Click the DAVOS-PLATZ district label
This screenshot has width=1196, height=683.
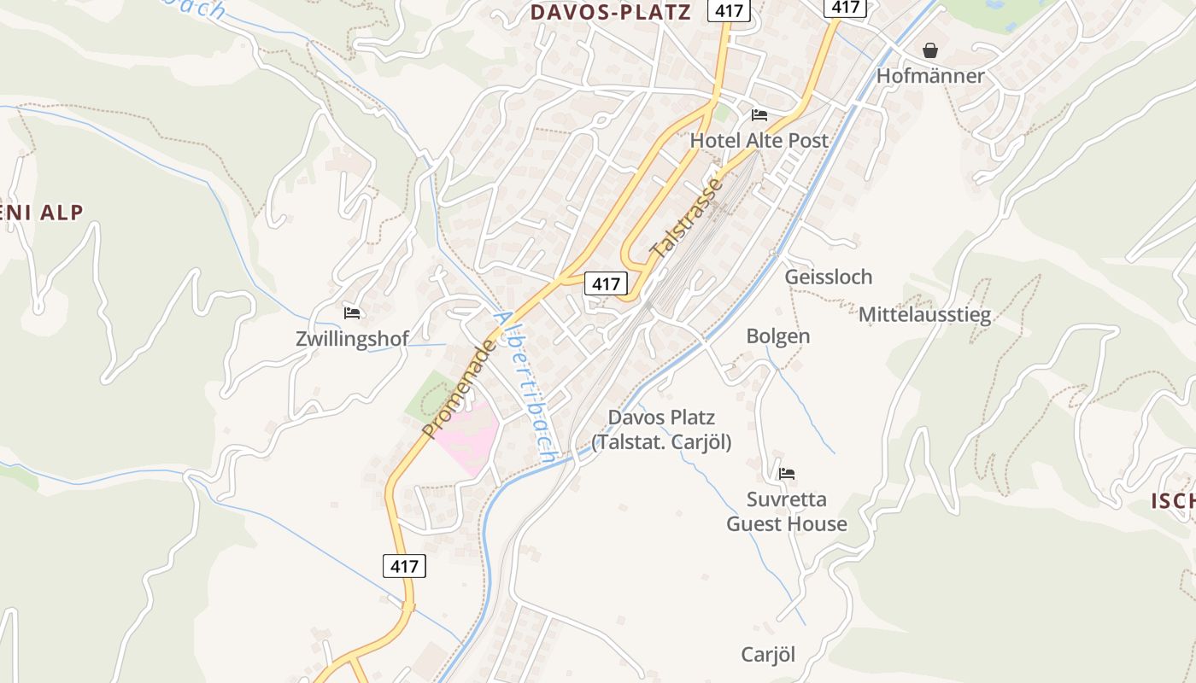coord(610,13)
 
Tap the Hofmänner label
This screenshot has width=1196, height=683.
coord(930,76)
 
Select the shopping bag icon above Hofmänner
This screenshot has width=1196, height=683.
coord(930,51)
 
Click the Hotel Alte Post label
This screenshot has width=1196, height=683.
coord(759,140)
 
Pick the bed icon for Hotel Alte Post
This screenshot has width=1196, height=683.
coord(759,115)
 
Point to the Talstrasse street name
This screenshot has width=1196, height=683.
coord(686,217)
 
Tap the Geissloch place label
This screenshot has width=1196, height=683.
coord(829,277)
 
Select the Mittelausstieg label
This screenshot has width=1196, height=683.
coord(924,315)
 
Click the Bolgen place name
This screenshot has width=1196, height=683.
coord(777,336)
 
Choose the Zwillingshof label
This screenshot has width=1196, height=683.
coord(352,338)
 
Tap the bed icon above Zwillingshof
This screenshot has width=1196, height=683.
coord(352,312)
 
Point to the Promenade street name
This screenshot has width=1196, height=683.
coord(459,388)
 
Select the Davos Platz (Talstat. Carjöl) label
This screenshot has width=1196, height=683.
coord(661,429)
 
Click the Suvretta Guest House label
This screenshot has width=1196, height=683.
coord(787,511)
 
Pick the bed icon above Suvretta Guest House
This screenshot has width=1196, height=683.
coord(787,473)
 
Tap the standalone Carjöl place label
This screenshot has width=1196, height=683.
coord(768,655)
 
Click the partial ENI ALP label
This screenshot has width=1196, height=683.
coord(43,213)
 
